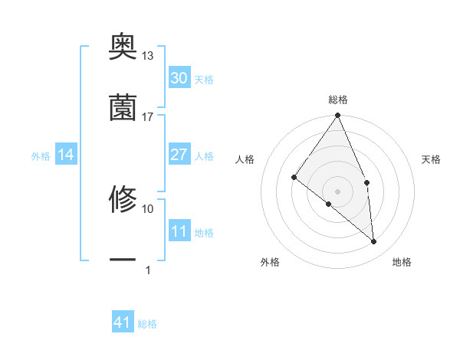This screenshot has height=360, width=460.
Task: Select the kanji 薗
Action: [123, 108]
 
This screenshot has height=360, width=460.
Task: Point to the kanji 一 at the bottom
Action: [123, 260]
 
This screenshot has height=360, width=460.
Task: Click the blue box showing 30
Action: [179, 78]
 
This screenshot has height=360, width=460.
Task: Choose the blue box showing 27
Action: [179, 155]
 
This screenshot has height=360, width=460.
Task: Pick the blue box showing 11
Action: [179, 231]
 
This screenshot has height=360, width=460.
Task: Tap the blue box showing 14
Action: [66, 155]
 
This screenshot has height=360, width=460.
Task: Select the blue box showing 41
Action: [123, 322]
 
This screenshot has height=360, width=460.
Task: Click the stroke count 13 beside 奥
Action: [147, 56]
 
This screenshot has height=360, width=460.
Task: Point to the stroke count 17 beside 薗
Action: [147, 117]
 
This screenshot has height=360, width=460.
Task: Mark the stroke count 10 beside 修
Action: [147, 208]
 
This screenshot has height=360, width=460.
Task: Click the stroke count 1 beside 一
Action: [147, 270]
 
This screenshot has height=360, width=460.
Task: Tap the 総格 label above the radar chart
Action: [338, 100]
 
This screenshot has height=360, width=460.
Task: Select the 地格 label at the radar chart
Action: [402, 262]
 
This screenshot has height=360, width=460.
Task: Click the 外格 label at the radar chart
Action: [270, 262]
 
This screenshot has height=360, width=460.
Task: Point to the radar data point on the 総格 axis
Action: [337, 116]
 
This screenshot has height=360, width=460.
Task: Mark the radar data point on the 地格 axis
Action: [374, 241]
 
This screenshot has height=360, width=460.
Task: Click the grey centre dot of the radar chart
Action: [337, 191]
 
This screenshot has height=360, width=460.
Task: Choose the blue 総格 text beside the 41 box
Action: [147, 324]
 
